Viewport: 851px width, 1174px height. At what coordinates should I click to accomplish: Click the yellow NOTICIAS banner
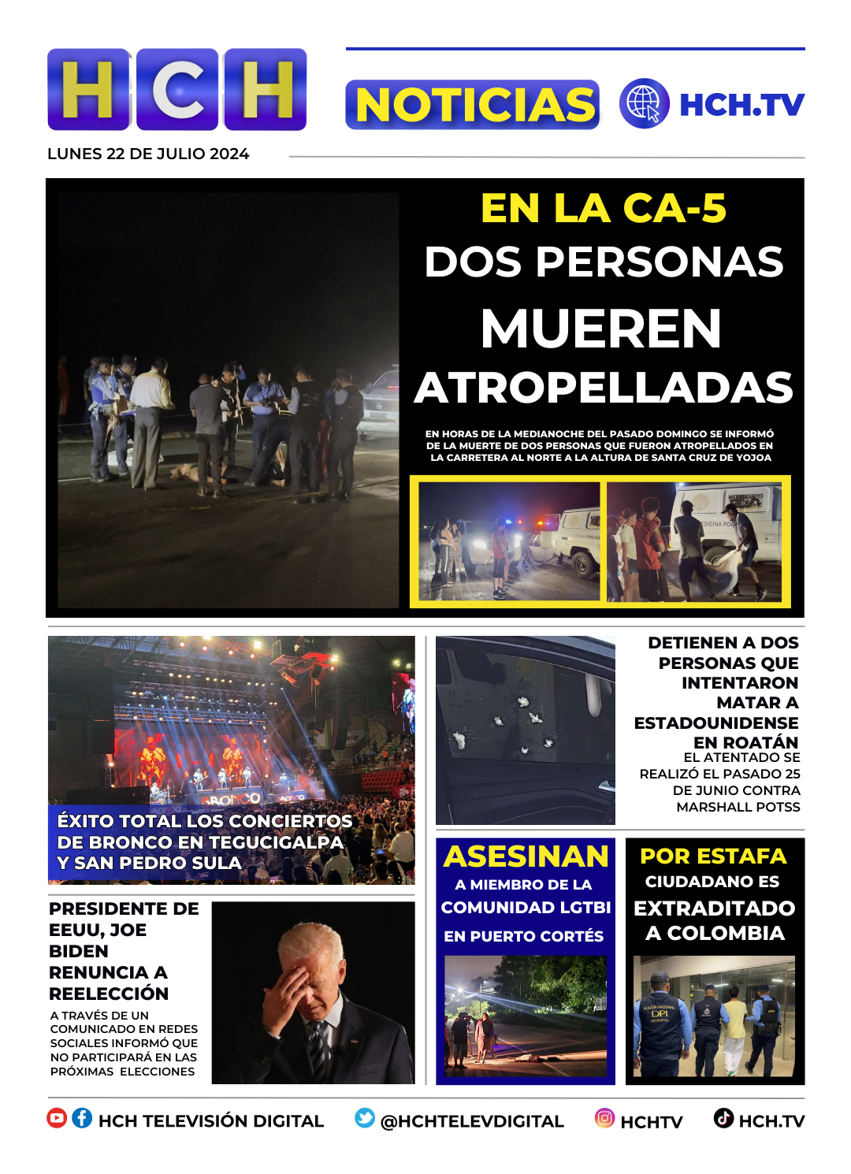pos(473,105)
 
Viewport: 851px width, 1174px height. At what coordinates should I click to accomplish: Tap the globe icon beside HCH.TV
pos(644,103)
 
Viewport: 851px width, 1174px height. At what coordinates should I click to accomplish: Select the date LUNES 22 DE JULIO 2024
pos(148,154)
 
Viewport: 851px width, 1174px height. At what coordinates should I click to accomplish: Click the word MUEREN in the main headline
pos(601,328)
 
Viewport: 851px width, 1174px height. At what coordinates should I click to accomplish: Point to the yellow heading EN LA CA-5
pos(604,209)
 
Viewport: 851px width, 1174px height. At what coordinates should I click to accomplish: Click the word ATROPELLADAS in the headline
pos(604,388)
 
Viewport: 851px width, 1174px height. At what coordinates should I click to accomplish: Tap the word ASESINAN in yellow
pos(526,856)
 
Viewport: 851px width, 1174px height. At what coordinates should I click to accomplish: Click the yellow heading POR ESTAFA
pos(713,856)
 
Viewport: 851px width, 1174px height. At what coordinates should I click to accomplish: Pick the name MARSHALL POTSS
pos(738,807)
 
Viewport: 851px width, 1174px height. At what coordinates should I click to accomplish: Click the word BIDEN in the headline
pos(79,951)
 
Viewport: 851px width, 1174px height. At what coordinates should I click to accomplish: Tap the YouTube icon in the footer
pos(57,1118)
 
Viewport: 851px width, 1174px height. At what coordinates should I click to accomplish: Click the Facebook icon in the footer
pos(82,1118)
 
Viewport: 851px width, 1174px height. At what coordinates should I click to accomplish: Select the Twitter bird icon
pos(365,1118)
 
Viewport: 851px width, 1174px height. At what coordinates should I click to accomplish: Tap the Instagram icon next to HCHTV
pos(604,1118)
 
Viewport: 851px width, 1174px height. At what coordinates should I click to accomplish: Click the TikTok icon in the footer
pos(723,1118)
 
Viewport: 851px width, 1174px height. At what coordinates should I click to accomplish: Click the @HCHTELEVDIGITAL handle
pos(472,1121)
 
